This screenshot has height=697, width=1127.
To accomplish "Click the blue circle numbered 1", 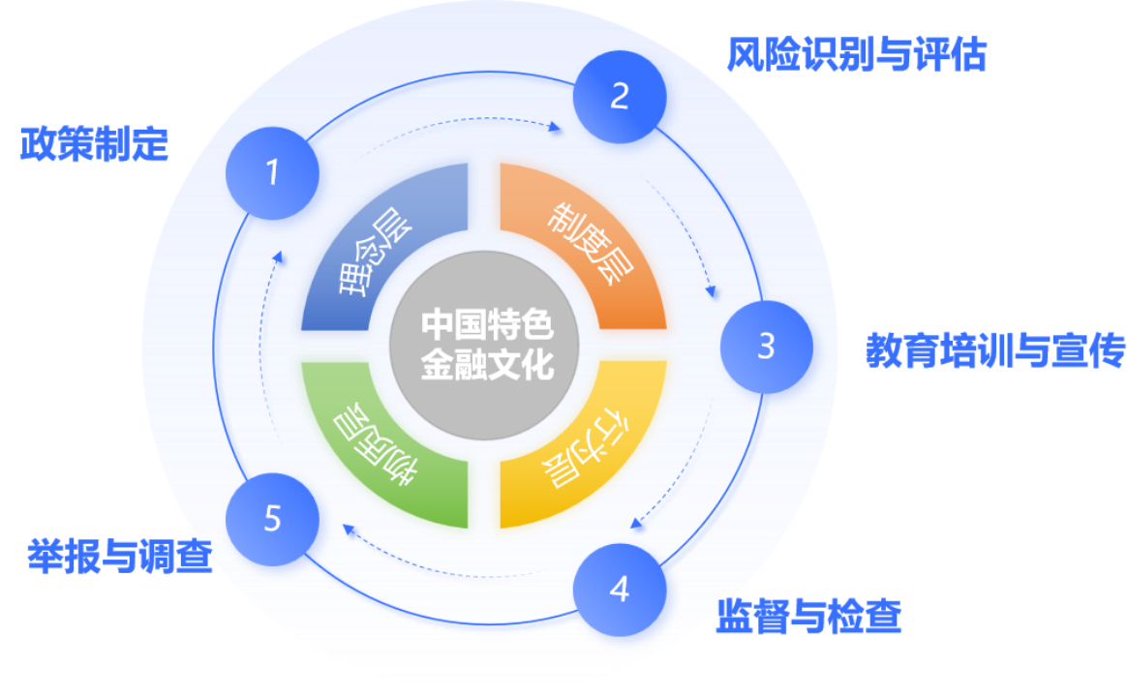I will (x=272, y=172).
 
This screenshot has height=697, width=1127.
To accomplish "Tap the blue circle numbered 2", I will (x=620, y=96).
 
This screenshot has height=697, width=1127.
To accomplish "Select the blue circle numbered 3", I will (x=766, y=346).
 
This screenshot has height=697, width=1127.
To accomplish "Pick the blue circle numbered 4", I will (x=620, y=589).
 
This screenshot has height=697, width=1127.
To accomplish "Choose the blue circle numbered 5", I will (x=272, y=519).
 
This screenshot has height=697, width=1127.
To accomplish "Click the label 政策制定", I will (x=95, y=145).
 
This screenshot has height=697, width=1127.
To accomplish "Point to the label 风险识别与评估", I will (x=857, y=55).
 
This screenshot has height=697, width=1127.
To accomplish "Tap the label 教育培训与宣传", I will (x=995, y=350).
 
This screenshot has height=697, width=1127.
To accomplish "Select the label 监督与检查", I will (x=809, y=617).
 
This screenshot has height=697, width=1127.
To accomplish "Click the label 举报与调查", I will (x=120, y=556).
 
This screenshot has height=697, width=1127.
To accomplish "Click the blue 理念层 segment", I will (x=378, y=252).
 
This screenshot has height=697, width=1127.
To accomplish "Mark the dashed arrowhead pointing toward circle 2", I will (x=557, y=128).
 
